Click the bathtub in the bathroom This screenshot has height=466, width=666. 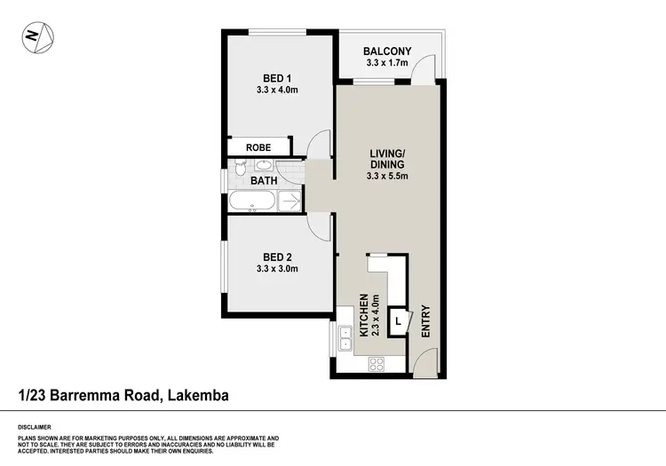coord(251,202)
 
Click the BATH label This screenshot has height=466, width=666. coord(264,181)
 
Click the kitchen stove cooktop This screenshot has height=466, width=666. coord(376,362)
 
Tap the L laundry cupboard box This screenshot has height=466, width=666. coord(398,321)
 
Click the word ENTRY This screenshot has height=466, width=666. coord(425,321)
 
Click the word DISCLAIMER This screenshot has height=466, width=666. coord(35,427)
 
